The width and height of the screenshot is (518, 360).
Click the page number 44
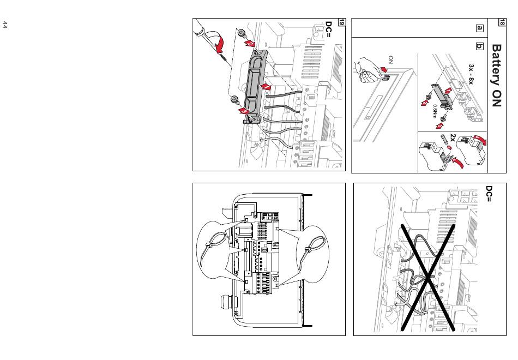pyautogui.click(x=4, y=25)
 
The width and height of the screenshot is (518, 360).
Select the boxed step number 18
pyautogui.click(x=502, y=22)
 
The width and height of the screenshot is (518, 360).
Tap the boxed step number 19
pyautogui.click(x=341, y=22)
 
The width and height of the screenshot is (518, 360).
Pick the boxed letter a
pyautogui.click(x=479, y=28)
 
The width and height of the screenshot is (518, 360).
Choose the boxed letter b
pyautogui.click(x=479, y=46)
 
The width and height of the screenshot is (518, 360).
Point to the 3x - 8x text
pyautogui.click(x=471, y=74)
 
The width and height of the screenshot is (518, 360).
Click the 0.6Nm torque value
pyautogui.click(x=435, y=111)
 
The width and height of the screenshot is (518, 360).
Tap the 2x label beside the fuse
pyautogui.click(x=453, y=138)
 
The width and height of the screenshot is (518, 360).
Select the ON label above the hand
pyautogui.click(x=391, y=60)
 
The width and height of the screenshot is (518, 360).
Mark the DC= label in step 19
pyautogui.click(x=329, y=29)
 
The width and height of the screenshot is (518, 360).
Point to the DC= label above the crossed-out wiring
pyautogui.click(x=489, y=194)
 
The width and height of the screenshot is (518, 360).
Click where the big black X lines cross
pyautogui.click(x=428, y=278)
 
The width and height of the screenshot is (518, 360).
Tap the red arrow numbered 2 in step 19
pyautogui.click(x=250, y=44)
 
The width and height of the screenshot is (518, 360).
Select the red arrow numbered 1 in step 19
pyautogui.click(x=266, y=87)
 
